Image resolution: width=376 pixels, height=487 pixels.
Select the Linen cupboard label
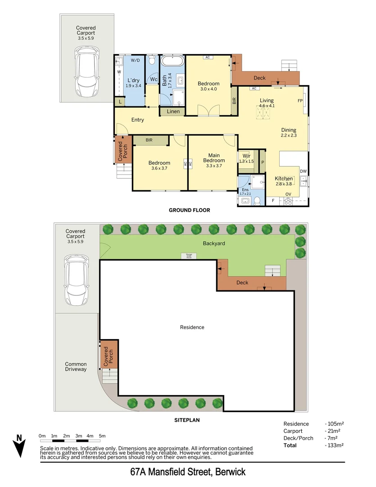pyautogui.click(x=173, y=111)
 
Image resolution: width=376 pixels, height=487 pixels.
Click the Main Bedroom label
pyautogui.click(x=213, y=157)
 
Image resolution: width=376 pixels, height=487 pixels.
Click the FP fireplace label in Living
pyautogui.click(x=300, y=101)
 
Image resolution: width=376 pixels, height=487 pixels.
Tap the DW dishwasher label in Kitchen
pyautogui.click(x=304, y=171)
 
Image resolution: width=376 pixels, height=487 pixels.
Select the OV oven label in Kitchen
pyautogui.click(x=288, y=194)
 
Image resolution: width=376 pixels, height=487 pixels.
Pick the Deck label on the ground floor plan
pyautogui.click(x=259, y=78)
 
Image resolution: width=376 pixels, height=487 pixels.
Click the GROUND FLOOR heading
pyautogui.click(x=189, y=210)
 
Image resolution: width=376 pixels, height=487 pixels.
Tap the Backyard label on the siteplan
pyautogui.click(x=213, y=243)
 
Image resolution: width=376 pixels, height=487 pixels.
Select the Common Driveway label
pyautogui.click(x=76, y=367)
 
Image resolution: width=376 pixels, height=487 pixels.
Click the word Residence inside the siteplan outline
pyautogui.click(x=192, y=327)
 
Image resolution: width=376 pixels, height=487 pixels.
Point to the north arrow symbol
pyautogui.click(x=19, y=446)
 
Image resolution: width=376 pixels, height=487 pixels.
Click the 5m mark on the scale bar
pyautogui.click(x=102, y=436)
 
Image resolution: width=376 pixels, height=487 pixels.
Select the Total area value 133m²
pyautogui.click(x=335, y=446)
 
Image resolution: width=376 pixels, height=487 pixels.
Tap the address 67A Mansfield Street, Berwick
pyautogui.click(x=188, y=473)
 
